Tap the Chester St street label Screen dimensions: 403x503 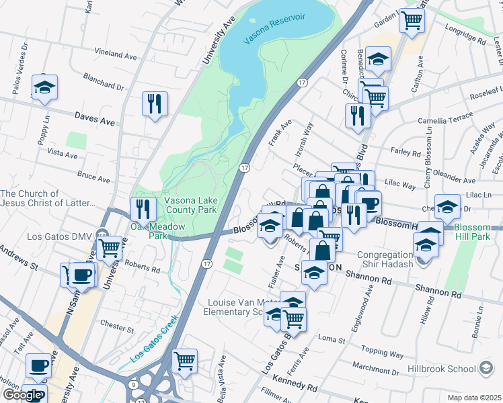click(116, 328)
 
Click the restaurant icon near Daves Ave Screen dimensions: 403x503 click(155, 103)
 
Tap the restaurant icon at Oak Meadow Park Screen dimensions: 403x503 click(143, 209)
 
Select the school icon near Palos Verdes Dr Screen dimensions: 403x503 click(44, 87)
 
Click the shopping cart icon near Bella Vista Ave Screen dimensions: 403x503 click(184, 361)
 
